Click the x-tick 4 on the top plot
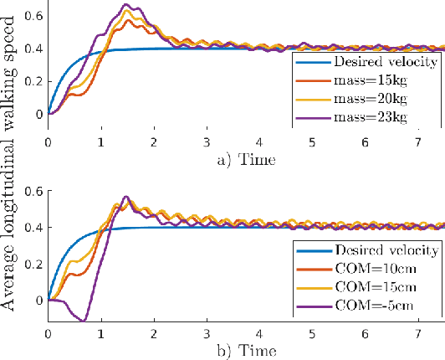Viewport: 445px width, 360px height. coord(259,141)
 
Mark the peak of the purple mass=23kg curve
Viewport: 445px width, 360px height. coord(127,5)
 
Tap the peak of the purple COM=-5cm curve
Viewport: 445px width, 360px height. coord(125,198)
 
